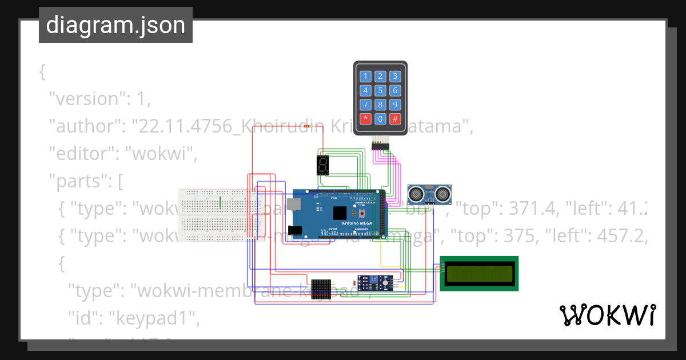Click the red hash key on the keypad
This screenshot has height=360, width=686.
(x=394, y=119)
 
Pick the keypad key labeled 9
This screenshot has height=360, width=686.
(x=394, y=105)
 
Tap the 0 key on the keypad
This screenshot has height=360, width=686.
(x=380, y=119)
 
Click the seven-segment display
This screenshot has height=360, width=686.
(x=322, y=165)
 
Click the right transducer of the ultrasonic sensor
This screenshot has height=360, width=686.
(x=441, y=195)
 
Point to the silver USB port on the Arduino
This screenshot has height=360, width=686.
(x=294, y=204)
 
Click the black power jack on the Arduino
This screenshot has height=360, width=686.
(x=295, y=230)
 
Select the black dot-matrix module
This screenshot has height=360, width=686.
(x=321, y=290)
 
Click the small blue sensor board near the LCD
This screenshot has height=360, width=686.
(x=374, y=282)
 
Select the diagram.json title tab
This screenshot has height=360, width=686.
(x=115, y=25)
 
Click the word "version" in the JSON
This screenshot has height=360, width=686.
(x=83, y=99)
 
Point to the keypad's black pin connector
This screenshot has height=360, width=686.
(x=380, y=146)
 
